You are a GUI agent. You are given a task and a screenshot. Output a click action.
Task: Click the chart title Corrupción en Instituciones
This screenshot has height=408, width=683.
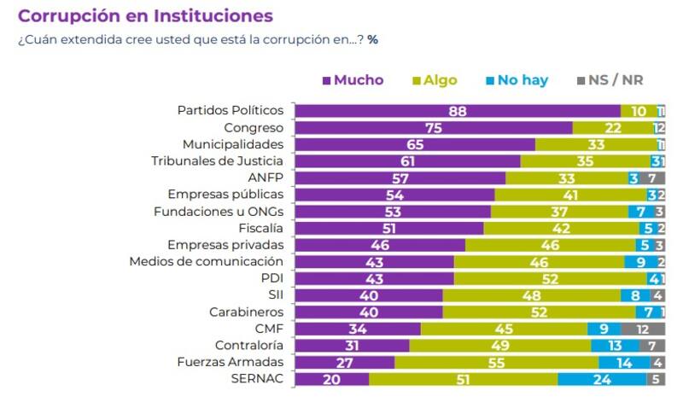coord(146,15)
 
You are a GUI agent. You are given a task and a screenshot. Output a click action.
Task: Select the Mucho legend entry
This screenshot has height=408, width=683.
coord(353,80)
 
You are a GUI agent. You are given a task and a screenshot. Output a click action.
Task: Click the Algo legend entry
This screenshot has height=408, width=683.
coord(435,80)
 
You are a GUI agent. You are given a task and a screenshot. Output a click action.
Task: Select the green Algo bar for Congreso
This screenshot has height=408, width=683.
coord(613,128)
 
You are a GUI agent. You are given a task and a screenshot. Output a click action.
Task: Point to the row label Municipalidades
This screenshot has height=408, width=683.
coord(233,144)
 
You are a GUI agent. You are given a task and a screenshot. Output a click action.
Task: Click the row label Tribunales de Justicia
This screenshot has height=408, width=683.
coord(217,160)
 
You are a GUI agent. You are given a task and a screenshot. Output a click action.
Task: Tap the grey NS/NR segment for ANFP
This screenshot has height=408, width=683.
coord(652,178)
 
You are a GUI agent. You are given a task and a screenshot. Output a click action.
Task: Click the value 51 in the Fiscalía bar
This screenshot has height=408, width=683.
coord(389,228)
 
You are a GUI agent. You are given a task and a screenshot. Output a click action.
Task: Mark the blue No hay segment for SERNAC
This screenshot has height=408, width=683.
coord(602,379)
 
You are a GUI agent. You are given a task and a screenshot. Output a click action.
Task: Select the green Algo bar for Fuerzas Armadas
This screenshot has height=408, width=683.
coord(496,362)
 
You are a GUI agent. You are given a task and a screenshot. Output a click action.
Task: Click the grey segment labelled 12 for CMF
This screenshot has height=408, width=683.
coord(643,329)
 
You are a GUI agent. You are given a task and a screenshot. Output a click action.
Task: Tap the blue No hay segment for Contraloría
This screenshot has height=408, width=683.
coord(615,345)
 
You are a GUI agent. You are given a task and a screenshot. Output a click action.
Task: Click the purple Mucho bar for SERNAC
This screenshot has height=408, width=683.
coord(331,379)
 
